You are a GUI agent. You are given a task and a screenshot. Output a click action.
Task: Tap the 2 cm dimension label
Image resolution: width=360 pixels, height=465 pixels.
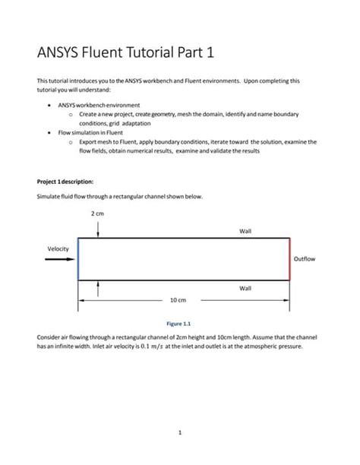[x=98, y=214]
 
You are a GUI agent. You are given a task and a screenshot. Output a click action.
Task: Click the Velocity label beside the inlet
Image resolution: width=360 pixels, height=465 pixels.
[x=58, y=248]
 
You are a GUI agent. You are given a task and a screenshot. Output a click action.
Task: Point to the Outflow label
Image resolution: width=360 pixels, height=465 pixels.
[x=304, y=259]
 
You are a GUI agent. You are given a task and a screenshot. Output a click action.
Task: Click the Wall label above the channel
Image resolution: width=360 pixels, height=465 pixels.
[x=245, y=231]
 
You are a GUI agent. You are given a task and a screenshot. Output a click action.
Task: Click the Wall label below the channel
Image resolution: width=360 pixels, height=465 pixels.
[x=245, y=288]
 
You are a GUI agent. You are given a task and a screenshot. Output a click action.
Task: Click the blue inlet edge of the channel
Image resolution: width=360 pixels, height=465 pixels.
[x=78, y=259]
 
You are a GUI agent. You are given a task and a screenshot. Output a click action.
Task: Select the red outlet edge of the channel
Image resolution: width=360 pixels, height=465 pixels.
[x=289, y=259]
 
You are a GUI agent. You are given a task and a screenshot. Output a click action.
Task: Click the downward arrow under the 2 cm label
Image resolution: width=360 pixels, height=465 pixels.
[x=98, y=229]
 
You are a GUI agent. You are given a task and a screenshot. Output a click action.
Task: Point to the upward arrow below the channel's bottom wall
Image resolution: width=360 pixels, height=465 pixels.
[x=98, y=289]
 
